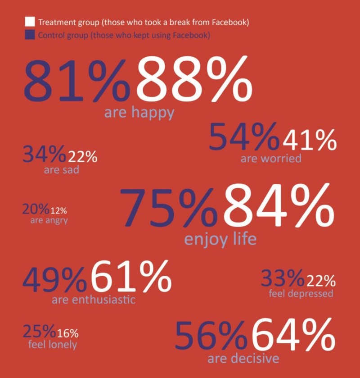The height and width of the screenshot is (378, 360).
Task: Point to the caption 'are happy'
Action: click(x=139, y=113)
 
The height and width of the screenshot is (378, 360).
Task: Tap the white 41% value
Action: click(x=309, y=141)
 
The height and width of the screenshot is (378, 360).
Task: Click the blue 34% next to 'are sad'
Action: click(x=44, y=155)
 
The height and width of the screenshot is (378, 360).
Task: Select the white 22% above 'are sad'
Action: click(x=82, y=157)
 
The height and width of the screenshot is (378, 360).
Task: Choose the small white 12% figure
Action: click(x=58, y=210)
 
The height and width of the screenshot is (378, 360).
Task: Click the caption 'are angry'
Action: click(x=49, y=220)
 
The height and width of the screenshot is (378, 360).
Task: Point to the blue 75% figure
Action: click(x=170, y=208)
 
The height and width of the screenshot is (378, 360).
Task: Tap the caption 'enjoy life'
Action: click(x=220, y=238)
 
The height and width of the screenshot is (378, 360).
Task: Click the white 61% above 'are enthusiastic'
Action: click(x=131, y=277)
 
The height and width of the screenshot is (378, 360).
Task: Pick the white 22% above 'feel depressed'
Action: click(x=320, y=281)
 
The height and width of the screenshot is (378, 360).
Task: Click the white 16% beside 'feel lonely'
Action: click(x=67, y=333)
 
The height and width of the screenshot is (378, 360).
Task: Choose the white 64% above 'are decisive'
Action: click(x=293, y=336)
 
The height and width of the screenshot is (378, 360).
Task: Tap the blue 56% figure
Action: click(x=211, y=337)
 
